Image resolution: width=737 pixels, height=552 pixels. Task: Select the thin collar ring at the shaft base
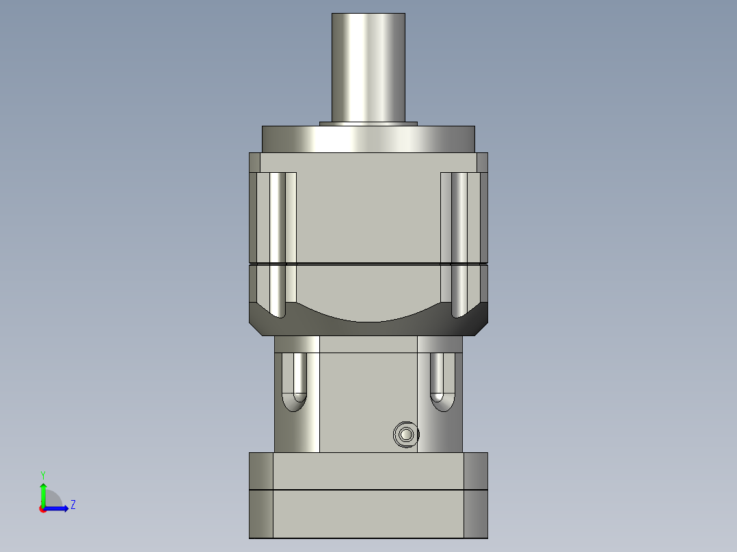pos(368,124)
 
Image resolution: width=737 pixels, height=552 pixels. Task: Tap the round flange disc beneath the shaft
pos(368,139)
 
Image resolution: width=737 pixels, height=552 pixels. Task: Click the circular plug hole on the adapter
pos(406,434)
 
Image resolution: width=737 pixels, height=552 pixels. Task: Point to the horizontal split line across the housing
pos(368,264)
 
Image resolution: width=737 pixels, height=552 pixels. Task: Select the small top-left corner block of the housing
pos(254,163)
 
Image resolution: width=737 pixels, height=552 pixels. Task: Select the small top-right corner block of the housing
pos(482,163)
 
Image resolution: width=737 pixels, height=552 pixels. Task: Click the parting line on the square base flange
pos(368,490)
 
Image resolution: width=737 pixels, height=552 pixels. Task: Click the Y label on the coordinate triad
pos(42,474)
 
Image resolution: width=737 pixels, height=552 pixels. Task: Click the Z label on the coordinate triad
pos(72,506)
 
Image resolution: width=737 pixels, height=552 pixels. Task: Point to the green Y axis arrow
pos(42,492)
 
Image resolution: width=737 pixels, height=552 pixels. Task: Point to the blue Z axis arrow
pos(59,508)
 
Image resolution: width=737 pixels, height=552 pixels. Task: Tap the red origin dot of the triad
pos(42,509)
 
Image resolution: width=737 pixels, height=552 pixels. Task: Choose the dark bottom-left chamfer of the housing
pos(258,325)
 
